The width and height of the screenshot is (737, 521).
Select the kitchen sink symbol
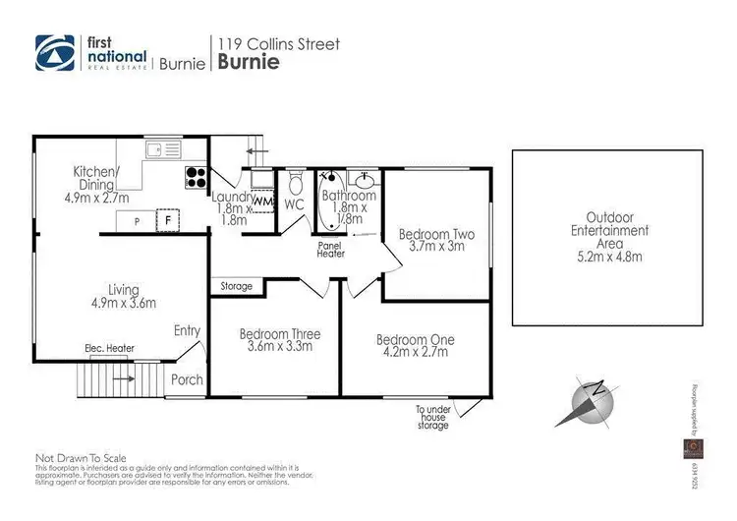coord(157,149)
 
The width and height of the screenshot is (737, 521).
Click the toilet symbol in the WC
coord(295,184)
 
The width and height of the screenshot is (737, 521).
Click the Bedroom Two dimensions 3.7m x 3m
coord(436,248)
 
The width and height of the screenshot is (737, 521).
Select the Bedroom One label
coord(415,340)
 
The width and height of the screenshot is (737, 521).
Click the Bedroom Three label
coord(280,334)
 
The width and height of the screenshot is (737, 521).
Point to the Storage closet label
coord(237,286)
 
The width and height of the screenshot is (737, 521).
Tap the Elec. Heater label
coord(109,348)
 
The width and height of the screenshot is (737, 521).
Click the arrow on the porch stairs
coord(125,376)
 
